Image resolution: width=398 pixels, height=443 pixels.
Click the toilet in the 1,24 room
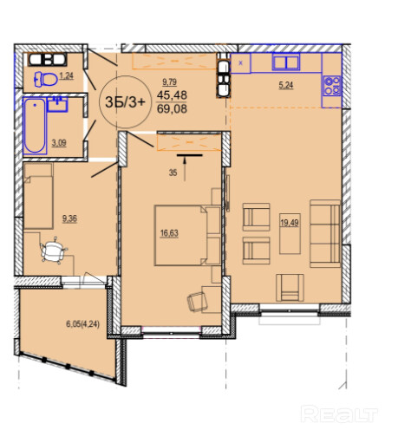46,79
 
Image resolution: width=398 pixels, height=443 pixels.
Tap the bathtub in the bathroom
35,126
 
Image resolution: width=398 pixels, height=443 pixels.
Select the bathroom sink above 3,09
57,104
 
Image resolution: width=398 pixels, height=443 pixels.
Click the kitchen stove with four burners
332,86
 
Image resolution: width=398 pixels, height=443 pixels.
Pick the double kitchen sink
285,62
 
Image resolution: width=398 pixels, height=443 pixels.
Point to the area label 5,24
286,85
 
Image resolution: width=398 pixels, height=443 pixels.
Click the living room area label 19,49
290,223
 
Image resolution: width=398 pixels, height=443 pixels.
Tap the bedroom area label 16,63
169,233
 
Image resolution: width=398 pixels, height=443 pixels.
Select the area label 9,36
69,218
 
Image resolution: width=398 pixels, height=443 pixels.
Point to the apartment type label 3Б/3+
125,102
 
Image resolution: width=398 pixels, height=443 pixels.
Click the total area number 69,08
172,109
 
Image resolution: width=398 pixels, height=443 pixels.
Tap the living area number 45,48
172,94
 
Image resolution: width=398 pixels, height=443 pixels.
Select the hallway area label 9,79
169,82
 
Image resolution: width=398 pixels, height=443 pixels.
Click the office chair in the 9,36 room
54,251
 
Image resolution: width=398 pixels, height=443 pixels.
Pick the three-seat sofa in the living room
325,233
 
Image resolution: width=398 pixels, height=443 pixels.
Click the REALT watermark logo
339,414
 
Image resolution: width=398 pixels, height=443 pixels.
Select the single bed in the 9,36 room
38,196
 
